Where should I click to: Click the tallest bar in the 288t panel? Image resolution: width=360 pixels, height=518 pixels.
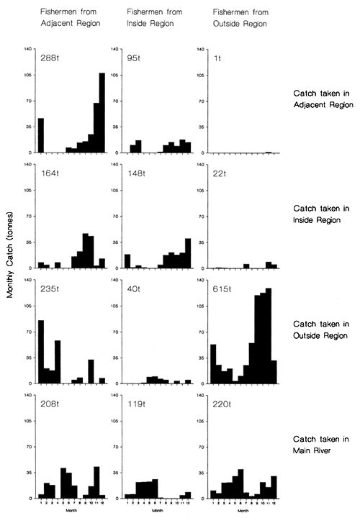(x=102, y=113)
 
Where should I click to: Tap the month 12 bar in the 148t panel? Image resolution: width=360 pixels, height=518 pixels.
(x=188, y=253)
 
